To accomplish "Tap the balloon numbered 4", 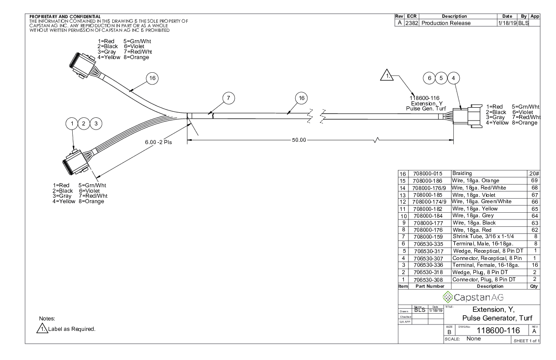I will pyautogui.click(x=453, y=78).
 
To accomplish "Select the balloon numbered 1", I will pyautogui.click(x=72, y=123).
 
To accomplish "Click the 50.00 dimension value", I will pyautogui.click(x=298, y=140).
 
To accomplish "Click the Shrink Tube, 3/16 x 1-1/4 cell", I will pyautogui.click(x=482, y=237).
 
